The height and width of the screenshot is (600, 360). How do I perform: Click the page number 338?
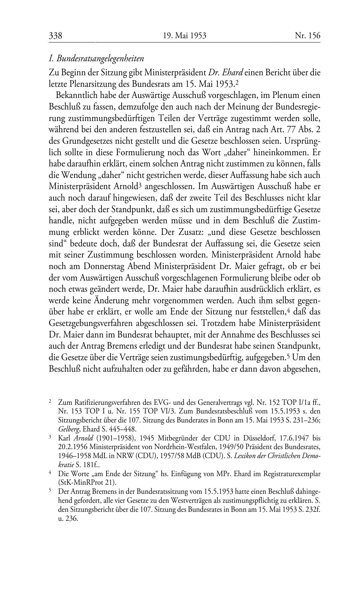tap(56, 36)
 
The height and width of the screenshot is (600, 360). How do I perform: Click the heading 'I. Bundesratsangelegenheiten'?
tap(96, 58)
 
